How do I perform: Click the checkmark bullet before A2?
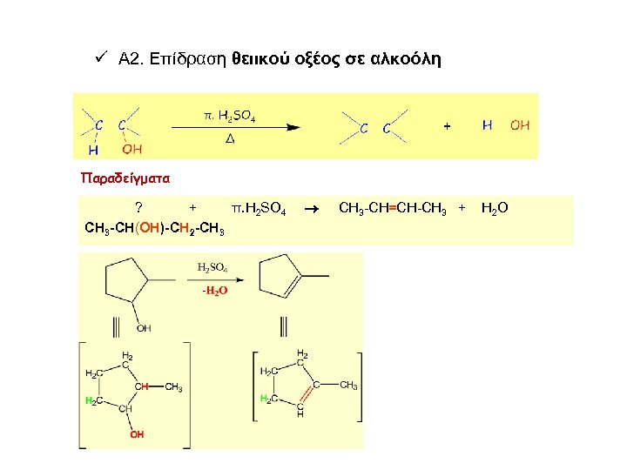click(100, 58)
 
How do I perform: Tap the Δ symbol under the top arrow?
click(230, 139)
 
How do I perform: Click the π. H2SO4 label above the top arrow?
click(230, 114)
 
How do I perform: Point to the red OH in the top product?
click(520, 125)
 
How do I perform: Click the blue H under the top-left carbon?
click(93, 149)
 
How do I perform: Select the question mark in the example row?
click(139, 207)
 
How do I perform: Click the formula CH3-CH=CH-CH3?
click(392, 208)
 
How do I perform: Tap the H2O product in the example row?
click(495, 208)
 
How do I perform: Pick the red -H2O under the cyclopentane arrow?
click(214, 291)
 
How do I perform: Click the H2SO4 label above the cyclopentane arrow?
click(213, 267)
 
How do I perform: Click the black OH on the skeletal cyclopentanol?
click(144, 328)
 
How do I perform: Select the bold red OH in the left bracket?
click(137, 433)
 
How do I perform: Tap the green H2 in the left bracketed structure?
click(91, 400)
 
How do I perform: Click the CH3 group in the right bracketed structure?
click(349, 385)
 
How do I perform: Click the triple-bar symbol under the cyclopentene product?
click(284, 327)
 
